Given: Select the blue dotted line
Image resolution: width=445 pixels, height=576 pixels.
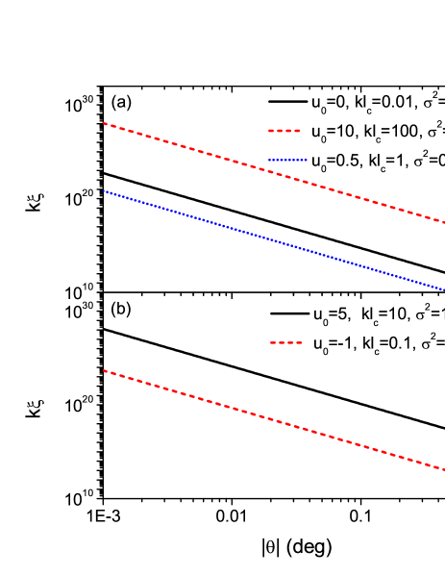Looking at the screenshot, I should pos(274,240).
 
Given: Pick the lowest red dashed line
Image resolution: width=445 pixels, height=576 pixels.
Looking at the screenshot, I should pos(274,420).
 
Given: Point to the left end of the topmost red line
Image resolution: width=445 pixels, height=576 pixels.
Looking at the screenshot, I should pos(104,124).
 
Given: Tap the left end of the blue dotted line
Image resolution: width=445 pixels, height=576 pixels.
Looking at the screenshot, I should pos(104,190).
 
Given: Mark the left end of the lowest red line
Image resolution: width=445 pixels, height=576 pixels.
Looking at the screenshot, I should pos(104,370).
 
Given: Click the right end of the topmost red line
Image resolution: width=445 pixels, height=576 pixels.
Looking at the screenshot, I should pos(443,222).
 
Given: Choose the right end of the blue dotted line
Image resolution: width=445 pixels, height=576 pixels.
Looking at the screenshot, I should pos(443,289).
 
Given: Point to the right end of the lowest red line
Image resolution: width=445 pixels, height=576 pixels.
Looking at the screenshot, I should pos(443,469).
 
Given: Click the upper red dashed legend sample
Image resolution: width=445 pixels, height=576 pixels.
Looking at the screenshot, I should pos(284,131).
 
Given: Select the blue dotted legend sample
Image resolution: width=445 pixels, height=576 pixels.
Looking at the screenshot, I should pos(287,160).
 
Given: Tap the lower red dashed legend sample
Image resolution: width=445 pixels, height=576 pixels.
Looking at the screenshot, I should pos(286,342).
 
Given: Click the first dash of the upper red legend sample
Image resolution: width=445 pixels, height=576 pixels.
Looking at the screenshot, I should pos(271,131).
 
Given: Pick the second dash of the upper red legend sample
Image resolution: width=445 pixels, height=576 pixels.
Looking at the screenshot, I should pos(280,131).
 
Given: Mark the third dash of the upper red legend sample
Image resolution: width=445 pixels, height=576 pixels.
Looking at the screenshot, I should pos(288,131).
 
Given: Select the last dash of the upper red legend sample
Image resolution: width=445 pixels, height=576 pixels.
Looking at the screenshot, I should pos(297,131).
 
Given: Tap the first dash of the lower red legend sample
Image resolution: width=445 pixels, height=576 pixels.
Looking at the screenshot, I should pos(273,342).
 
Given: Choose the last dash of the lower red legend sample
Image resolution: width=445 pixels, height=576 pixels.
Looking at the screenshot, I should pos(299,342).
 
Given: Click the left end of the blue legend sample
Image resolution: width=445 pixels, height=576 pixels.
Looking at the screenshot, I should pos(269,160).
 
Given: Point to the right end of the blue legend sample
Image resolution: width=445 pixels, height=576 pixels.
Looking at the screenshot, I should pos(307,160).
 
